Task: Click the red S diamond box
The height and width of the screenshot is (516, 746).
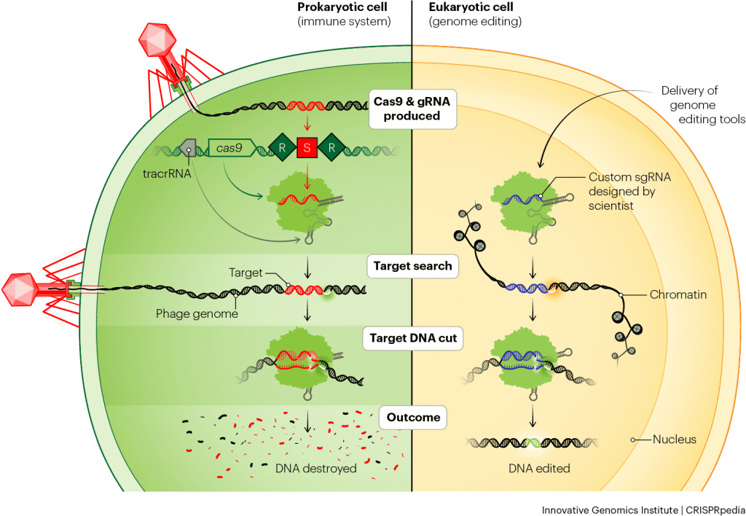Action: [x=307, y=149]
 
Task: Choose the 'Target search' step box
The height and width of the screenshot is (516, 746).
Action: [x=412, y=266]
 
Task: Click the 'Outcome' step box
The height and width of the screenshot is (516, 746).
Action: [x=413, y=418]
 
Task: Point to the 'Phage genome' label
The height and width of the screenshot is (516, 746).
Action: [x=196, y=314]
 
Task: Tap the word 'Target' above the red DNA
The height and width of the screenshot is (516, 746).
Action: [x=245, y=273]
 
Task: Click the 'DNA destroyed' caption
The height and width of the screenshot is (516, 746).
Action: [x=316, y=468]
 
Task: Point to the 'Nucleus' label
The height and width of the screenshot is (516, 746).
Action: [x=675, y=439]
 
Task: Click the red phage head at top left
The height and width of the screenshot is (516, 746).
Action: [x=157, y=40]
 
